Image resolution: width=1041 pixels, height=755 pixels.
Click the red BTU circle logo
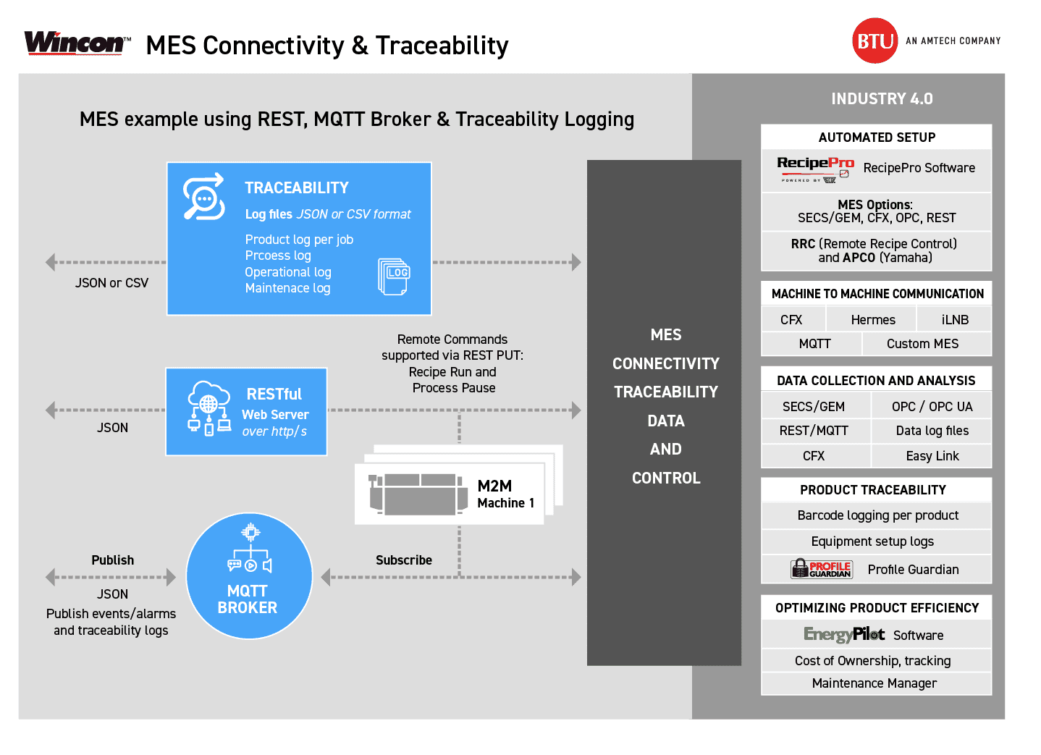(x=874, y=41)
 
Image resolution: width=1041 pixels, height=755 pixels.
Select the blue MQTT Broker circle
(x=249, y=576)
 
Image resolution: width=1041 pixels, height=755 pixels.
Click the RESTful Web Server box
(x=246, y=412)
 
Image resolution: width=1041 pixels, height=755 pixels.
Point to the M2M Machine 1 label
(x=505, y=494)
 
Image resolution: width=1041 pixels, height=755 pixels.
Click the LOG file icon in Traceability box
(x=394, y=277)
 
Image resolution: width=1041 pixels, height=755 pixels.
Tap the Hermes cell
(x=872, y=320)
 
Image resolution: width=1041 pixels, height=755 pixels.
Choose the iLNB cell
(x=954, y=320)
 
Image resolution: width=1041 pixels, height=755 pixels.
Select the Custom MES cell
(x=922, y=344)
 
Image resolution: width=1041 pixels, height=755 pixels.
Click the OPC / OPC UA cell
(x=932, y=407)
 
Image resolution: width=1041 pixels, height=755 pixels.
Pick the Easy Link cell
(x=932, y=456)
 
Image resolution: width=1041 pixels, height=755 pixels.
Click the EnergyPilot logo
(x=844, y=635)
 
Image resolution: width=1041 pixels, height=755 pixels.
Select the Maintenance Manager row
(x=874, y=683)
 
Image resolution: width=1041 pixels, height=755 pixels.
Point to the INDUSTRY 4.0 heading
(x=882, y=99)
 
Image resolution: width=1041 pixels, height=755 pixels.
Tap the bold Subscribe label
(x=404, y=560)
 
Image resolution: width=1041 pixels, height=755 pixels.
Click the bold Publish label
(x=113, y=560)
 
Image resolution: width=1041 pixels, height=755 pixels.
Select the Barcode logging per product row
(x=877, y=515)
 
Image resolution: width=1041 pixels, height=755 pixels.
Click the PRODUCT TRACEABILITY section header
(x=873, y=490)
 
